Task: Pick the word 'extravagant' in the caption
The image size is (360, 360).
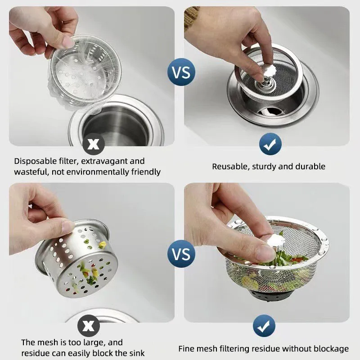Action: (x=121, y=161)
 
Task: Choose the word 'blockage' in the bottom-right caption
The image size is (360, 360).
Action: (x=331, y=349)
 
